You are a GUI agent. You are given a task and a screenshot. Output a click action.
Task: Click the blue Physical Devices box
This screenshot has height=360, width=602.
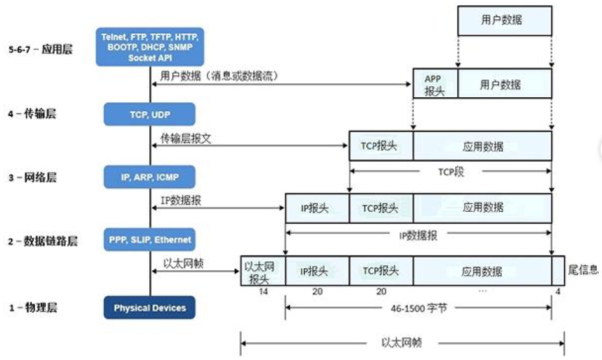coord(149,308)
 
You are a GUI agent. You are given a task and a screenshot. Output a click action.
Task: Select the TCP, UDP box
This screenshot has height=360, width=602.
coord(149,114)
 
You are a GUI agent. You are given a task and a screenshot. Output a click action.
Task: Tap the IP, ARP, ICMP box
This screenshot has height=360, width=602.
coord(149,177)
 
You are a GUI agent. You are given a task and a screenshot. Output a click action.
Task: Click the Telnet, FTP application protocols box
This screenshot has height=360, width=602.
coord(149,46)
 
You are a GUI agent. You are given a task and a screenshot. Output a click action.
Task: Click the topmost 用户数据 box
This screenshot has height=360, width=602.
coord(504,21)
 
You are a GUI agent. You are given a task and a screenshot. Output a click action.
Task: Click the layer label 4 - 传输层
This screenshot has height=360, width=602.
coord(32,114)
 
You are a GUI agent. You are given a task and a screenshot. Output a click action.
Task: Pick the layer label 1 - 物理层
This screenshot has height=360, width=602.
coord(32,308)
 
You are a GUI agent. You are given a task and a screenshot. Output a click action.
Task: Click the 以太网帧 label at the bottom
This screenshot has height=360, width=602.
coord(401,343)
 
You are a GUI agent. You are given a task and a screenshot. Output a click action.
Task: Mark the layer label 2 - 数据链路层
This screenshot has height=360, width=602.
coord(41,241)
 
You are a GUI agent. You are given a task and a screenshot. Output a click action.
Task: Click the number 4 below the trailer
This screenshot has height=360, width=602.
coord(555,293)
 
